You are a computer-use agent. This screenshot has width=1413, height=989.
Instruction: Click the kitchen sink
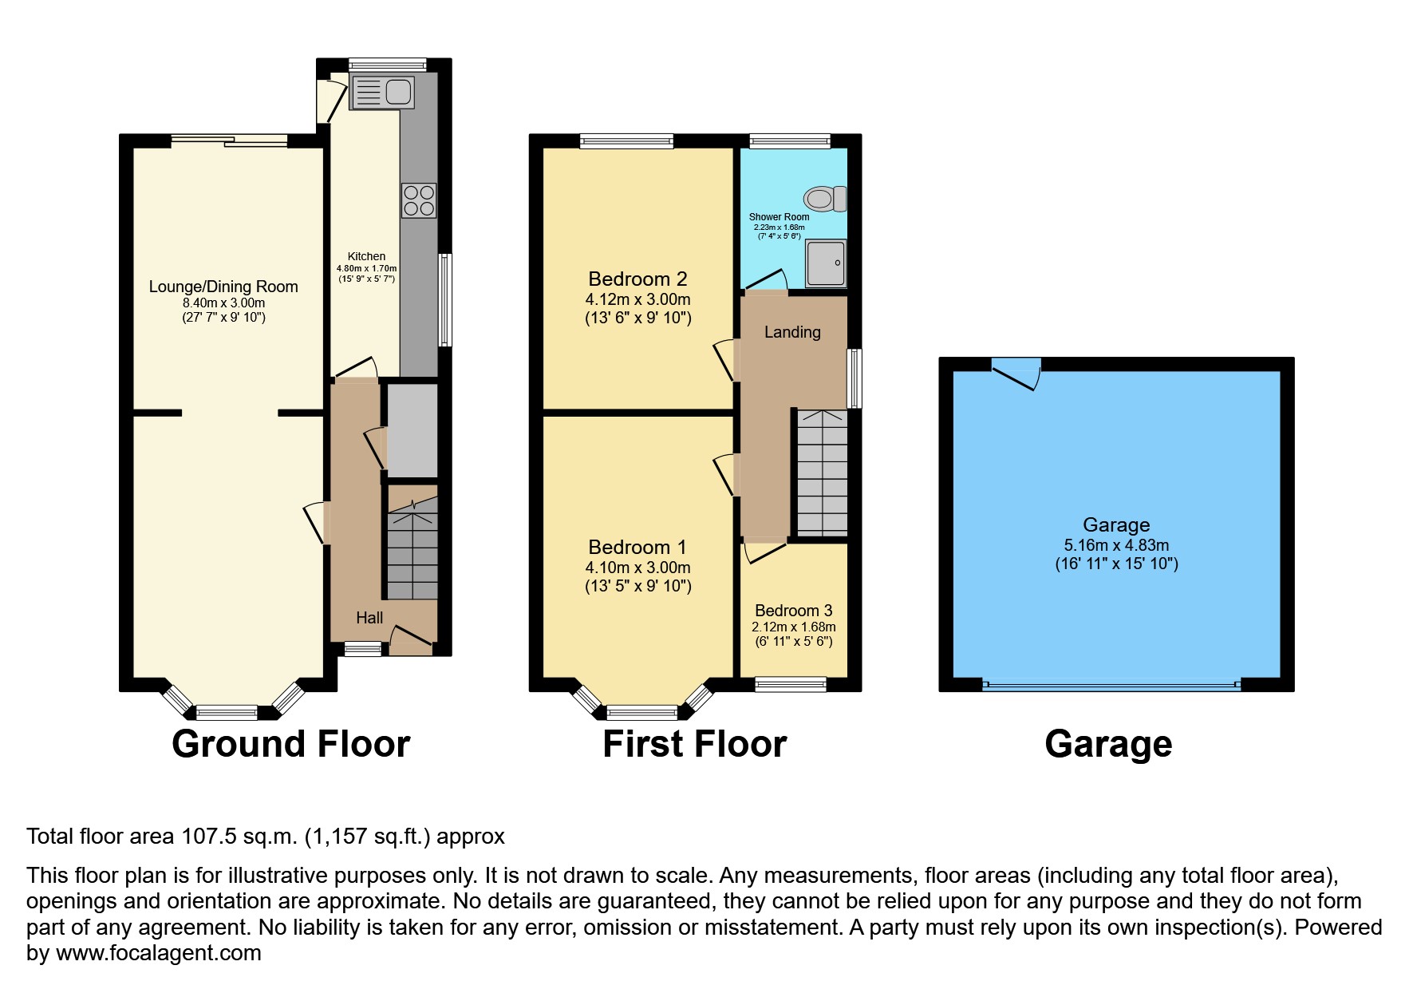(382, 92)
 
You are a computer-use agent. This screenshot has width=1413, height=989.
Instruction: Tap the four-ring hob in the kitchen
(419, 200)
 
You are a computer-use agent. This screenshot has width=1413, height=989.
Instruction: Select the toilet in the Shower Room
(825, 198)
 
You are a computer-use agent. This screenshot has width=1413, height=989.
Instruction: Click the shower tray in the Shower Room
(825, 263)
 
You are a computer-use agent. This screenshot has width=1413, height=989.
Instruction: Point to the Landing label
(792, 332)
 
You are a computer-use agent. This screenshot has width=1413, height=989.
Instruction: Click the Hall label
(369, 618)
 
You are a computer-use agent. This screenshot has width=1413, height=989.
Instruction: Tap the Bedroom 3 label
(793, 611)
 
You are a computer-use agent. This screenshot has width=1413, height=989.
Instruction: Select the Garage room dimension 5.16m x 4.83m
(1115, 546)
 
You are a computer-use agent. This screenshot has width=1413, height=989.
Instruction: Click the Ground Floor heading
(290, 744)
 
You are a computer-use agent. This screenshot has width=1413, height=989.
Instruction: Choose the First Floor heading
(694, 744)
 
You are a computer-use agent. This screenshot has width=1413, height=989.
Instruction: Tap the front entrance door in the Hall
(411, 636)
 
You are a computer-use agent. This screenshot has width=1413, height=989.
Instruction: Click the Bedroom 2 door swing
(724, 359)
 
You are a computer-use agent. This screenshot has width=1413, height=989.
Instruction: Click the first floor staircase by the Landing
(822, 473)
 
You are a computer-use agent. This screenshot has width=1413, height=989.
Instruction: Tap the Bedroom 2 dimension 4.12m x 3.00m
(637, 300)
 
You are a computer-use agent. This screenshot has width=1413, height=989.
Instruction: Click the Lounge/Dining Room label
(223, 287)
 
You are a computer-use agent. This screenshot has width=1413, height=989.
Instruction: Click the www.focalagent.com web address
(159, 953)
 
